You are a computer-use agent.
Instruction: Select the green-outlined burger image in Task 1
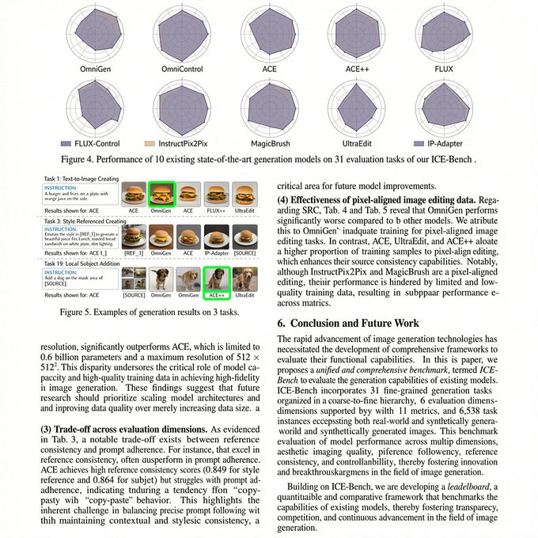pos(161,194)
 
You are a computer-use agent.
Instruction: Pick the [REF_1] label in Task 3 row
pos(134,253)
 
